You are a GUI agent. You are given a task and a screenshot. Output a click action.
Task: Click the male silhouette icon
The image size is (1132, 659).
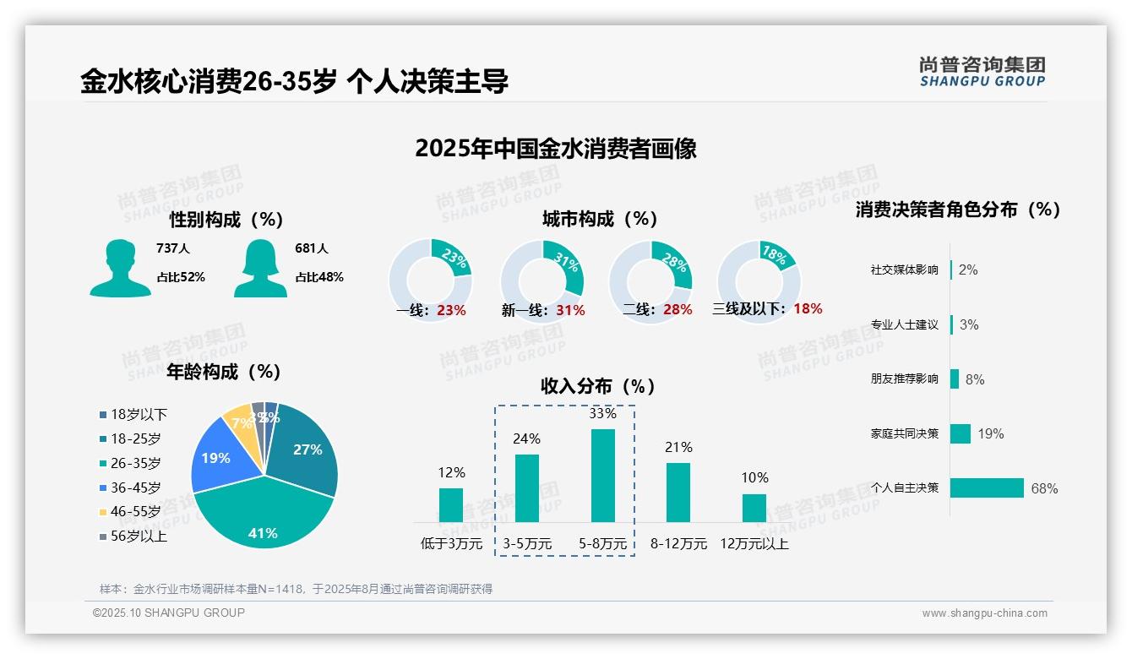coord(121,268)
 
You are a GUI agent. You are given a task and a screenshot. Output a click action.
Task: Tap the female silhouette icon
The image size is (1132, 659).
coord(260,268)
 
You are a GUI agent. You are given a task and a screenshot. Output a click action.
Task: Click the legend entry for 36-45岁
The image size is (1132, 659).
coord(135,487)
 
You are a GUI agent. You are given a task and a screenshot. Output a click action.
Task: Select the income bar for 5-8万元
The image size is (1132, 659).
coord(603,476)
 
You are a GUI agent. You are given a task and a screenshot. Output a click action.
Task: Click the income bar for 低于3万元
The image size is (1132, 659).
coord(451,505)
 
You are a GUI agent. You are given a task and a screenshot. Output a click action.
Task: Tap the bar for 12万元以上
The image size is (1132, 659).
coord(754,508)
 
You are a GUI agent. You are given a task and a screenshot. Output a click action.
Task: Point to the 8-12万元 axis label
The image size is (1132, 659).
coord(678,543)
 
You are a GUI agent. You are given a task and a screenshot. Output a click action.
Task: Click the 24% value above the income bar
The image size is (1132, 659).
coord(527,438)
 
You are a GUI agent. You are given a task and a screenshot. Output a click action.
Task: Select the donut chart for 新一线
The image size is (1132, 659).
coord(542,280)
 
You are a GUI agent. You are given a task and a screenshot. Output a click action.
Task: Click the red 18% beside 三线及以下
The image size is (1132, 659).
coord(808,308)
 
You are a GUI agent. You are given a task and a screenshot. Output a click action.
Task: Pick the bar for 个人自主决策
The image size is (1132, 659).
coord(987,488)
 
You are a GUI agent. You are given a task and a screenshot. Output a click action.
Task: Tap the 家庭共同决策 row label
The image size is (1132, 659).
coord(904,433)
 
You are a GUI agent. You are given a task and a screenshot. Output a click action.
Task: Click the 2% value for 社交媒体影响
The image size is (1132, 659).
coord(968,270)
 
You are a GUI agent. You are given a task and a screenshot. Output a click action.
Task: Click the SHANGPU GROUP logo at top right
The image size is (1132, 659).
coord(982,71)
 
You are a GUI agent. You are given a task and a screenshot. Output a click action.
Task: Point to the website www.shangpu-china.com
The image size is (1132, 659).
coord(984,613)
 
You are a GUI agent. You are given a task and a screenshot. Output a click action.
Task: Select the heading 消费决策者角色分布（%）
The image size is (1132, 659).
coord(957,210)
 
